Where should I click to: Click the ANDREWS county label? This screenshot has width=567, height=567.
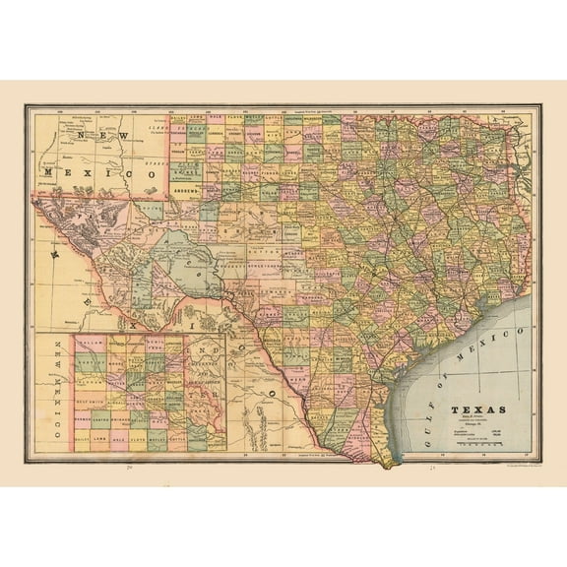pyautogui.click(x=184, y=182)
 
